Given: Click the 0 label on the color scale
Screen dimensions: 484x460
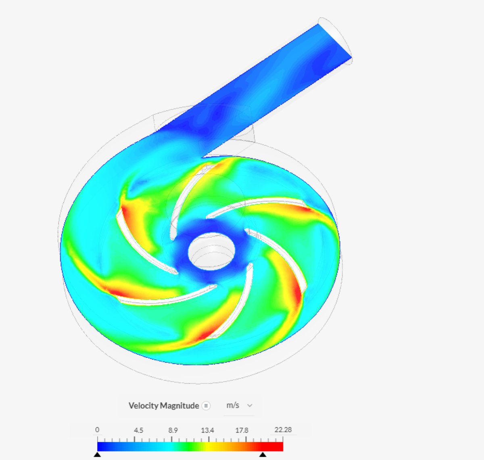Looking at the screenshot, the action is point(97,430).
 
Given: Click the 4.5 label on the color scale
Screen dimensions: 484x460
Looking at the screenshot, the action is point(138,430).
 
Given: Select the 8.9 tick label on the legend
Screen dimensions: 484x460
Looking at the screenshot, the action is point(173,430).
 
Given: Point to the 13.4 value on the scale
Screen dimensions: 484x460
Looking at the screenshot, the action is point(207,430).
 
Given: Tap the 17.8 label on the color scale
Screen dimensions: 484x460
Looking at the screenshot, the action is point(242,430).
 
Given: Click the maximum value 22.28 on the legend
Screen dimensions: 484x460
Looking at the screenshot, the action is point(283,430).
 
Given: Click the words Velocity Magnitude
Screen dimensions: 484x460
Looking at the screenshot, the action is point(164,406).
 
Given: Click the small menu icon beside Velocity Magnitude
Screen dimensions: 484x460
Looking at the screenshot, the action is point(206,406).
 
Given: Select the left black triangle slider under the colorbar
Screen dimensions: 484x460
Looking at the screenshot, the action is point(97,454).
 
